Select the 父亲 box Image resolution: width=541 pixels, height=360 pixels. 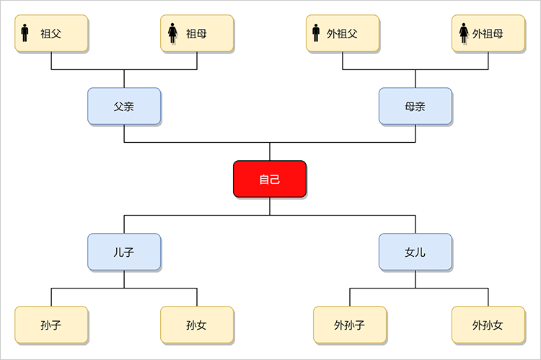(124, 106)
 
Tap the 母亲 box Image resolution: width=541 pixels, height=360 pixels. (415, 106)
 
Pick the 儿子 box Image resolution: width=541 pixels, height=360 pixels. (124, 252)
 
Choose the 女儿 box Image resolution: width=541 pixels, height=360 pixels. (415, 252)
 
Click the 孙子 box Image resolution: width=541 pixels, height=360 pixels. (51, 325)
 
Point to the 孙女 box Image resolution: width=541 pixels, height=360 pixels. (197, 325)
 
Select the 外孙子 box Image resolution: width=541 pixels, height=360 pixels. (350, 325)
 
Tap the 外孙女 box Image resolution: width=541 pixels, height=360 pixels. (488, 325)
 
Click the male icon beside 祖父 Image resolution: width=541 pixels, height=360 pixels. (25, 33)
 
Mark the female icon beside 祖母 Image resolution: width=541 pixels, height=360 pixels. (172, 33)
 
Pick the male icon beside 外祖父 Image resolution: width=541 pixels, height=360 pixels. (315, 33)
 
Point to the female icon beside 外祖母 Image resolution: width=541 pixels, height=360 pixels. (464, 33)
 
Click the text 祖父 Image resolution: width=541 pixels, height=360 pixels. (51, 33)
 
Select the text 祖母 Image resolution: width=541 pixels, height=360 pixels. (197, 33)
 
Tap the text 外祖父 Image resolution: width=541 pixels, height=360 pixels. (343, 33)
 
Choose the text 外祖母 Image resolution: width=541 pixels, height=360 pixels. (488, 33)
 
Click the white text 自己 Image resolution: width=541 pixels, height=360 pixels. (270, 180)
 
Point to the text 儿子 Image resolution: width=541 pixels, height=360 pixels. (124, 252)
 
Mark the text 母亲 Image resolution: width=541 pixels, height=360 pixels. (415, 106)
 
